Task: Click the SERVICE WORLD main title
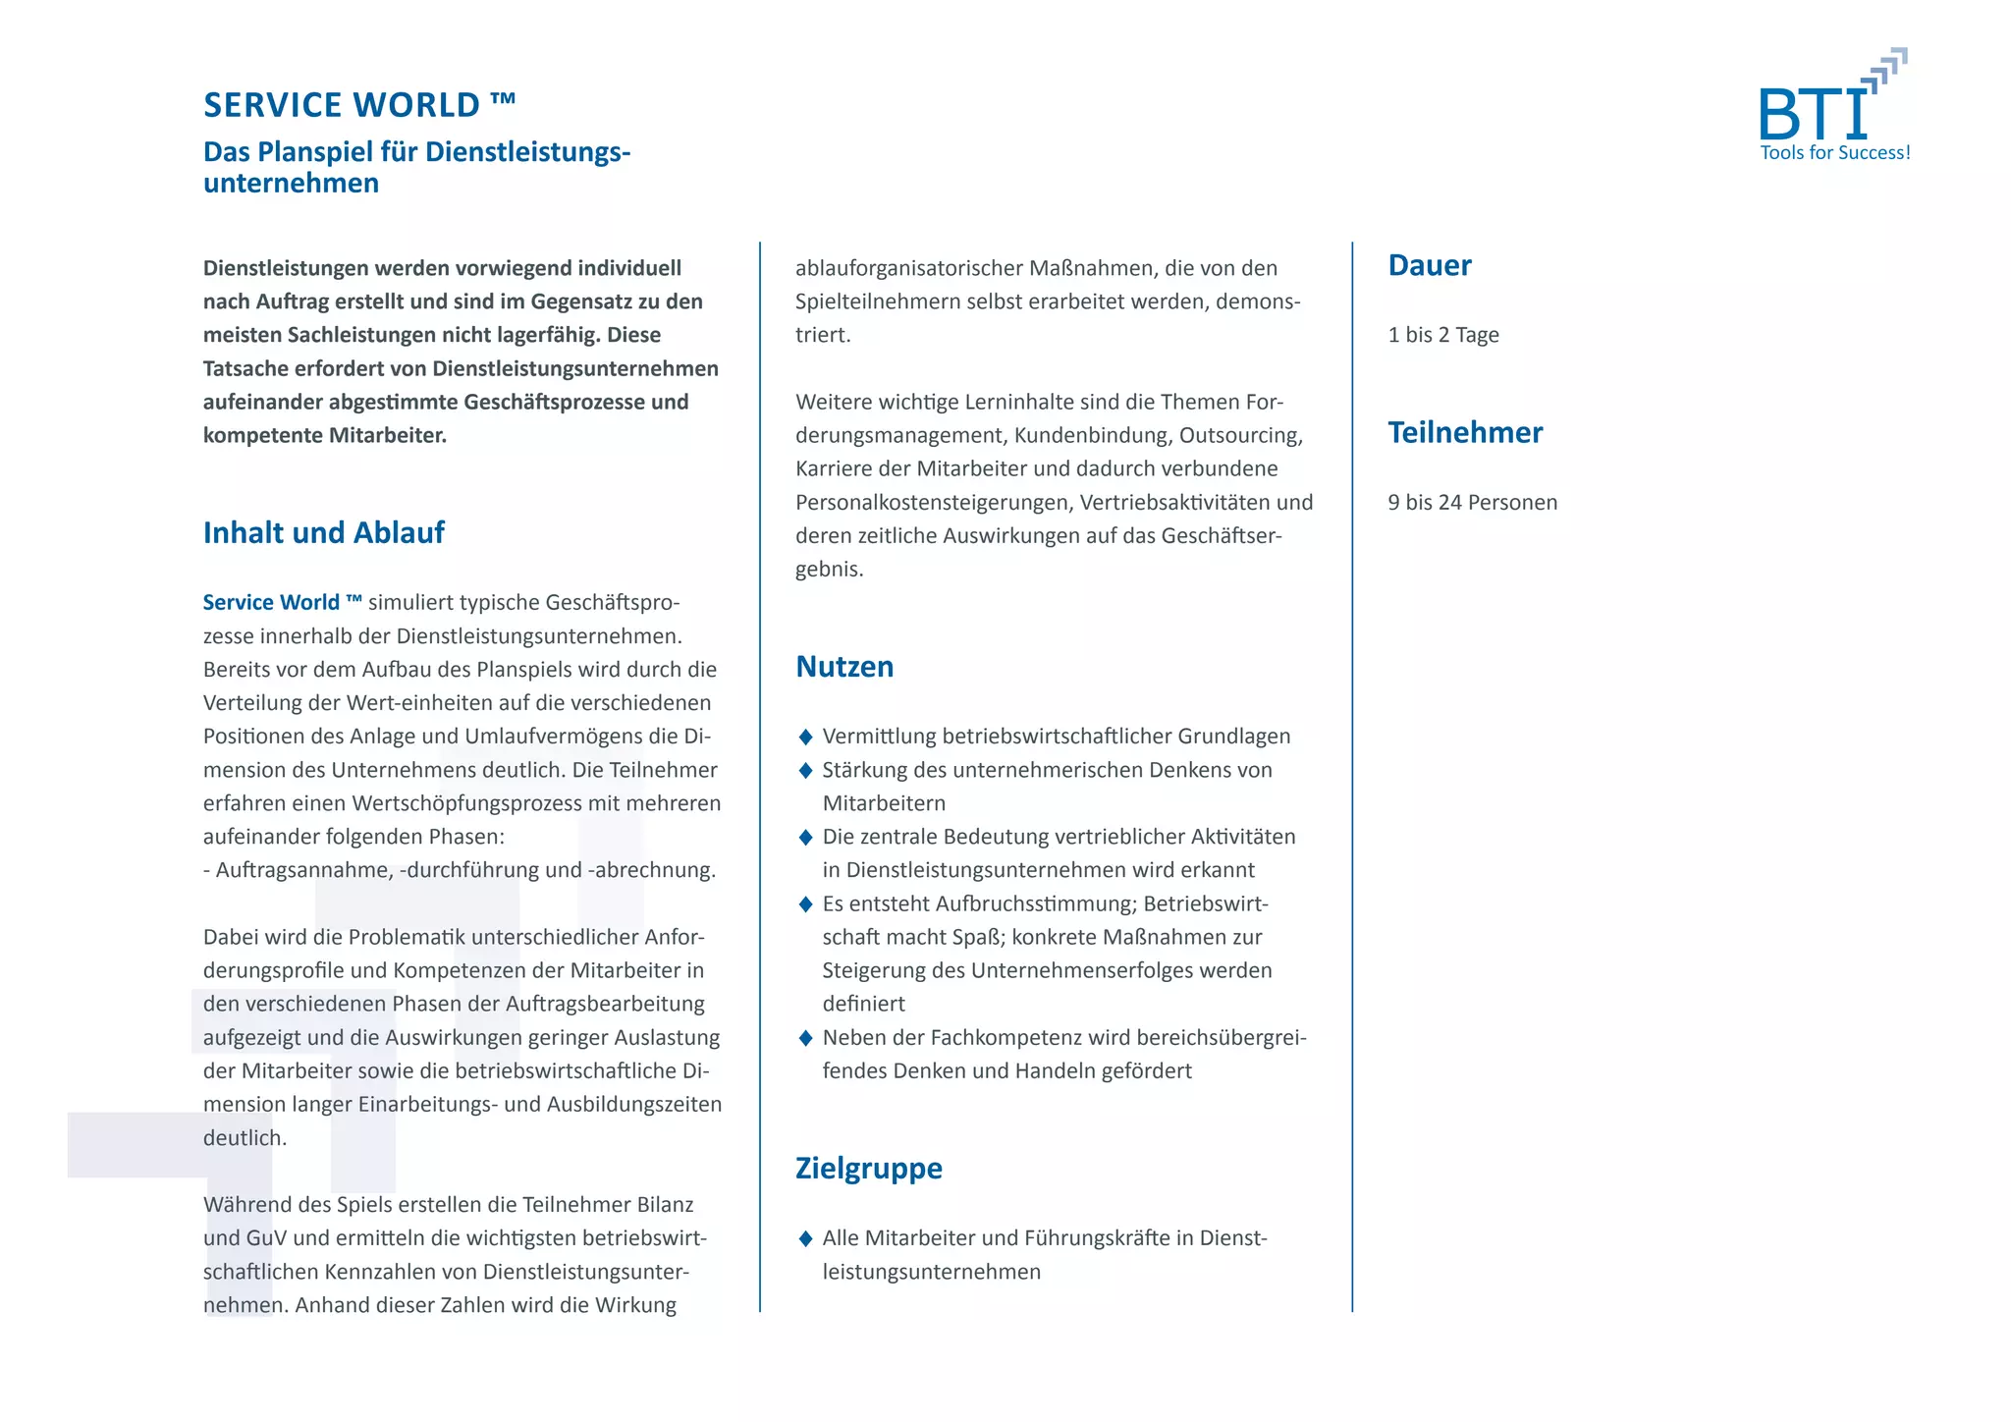(x=358, y=105)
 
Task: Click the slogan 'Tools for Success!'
(x=1834, y=153)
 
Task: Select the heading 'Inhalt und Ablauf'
(x=323, y=532)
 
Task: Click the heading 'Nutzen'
(x=844, y=667)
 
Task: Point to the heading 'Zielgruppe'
(x=868, y=1168)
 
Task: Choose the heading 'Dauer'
(x=1429, y=265)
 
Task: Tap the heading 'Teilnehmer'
(x=1465, y=432)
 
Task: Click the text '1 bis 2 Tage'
(x=1442, y=335)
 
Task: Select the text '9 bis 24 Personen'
(x=1472, y=503)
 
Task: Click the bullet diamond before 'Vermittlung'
(x=805, y=737)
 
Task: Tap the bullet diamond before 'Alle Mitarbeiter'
(x=805, y=1238)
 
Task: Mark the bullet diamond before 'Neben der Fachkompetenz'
(x=805, y=1038)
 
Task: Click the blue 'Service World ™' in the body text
(x=282, y=603)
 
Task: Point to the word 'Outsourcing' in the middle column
(x=1240, y=435)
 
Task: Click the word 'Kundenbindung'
(x=1090, y=435)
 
